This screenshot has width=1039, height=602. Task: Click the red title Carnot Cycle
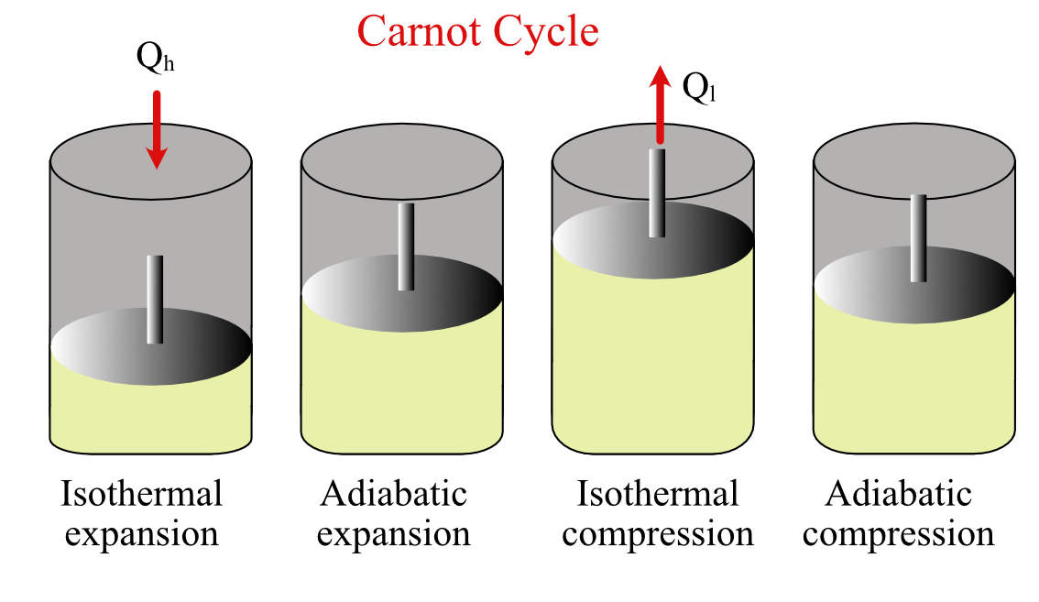(477, 31)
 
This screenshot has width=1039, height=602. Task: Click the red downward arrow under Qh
(158, 128)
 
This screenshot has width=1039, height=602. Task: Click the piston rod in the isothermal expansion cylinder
(155, 298)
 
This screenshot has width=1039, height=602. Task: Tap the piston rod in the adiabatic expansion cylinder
(406, 246)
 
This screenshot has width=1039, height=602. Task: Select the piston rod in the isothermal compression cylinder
(656, 192)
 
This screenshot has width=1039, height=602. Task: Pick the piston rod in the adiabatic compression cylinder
(918, 236)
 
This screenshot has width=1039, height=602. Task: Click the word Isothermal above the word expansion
(142, 495)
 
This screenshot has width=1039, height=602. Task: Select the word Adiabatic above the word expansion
(394, 495)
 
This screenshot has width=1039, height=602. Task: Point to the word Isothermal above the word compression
(658, 495)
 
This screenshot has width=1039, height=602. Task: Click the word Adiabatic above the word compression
(899, 495)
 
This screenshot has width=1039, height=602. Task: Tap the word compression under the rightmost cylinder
(899, 534)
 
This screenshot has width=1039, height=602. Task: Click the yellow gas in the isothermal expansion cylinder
(151, 417)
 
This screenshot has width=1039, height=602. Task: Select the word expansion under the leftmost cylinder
(142, 534)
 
